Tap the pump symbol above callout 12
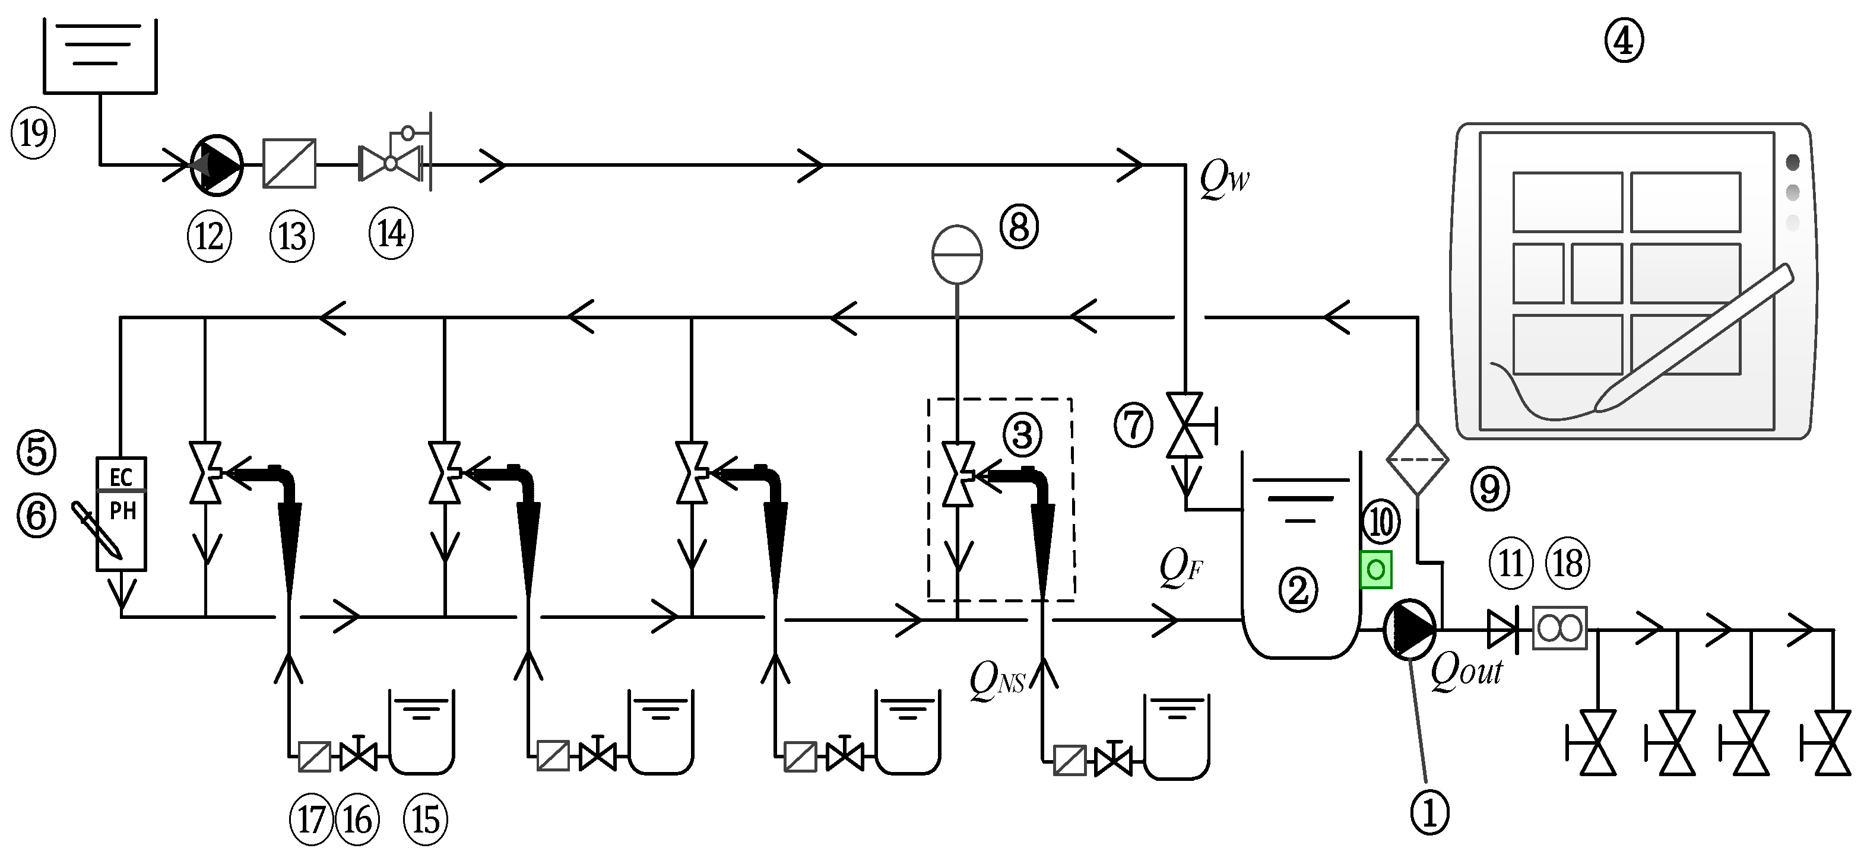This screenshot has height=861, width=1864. [216, 165]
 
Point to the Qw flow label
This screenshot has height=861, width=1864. [1224, 178]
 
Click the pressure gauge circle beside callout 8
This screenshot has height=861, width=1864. [956, 254]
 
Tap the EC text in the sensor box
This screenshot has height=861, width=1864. [121, 477]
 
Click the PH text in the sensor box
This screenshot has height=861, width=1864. [122, 511]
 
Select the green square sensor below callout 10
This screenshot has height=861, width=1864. [1375, 570]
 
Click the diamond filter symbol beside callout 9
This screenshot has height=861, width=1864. [1417, 459]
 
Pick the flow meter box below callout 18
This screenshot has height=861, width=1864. [1560, 628]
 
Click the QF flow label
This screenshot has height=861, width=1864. [1181, 568]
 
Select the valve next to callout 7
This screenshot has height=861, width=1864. [1184, 425]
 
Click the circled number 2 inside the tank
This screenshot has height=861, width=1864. [1298, 589]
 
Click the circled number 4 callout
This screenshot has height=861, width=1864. [1624, 42]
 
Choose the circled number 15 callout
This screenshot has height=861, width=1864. [426, 819]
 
